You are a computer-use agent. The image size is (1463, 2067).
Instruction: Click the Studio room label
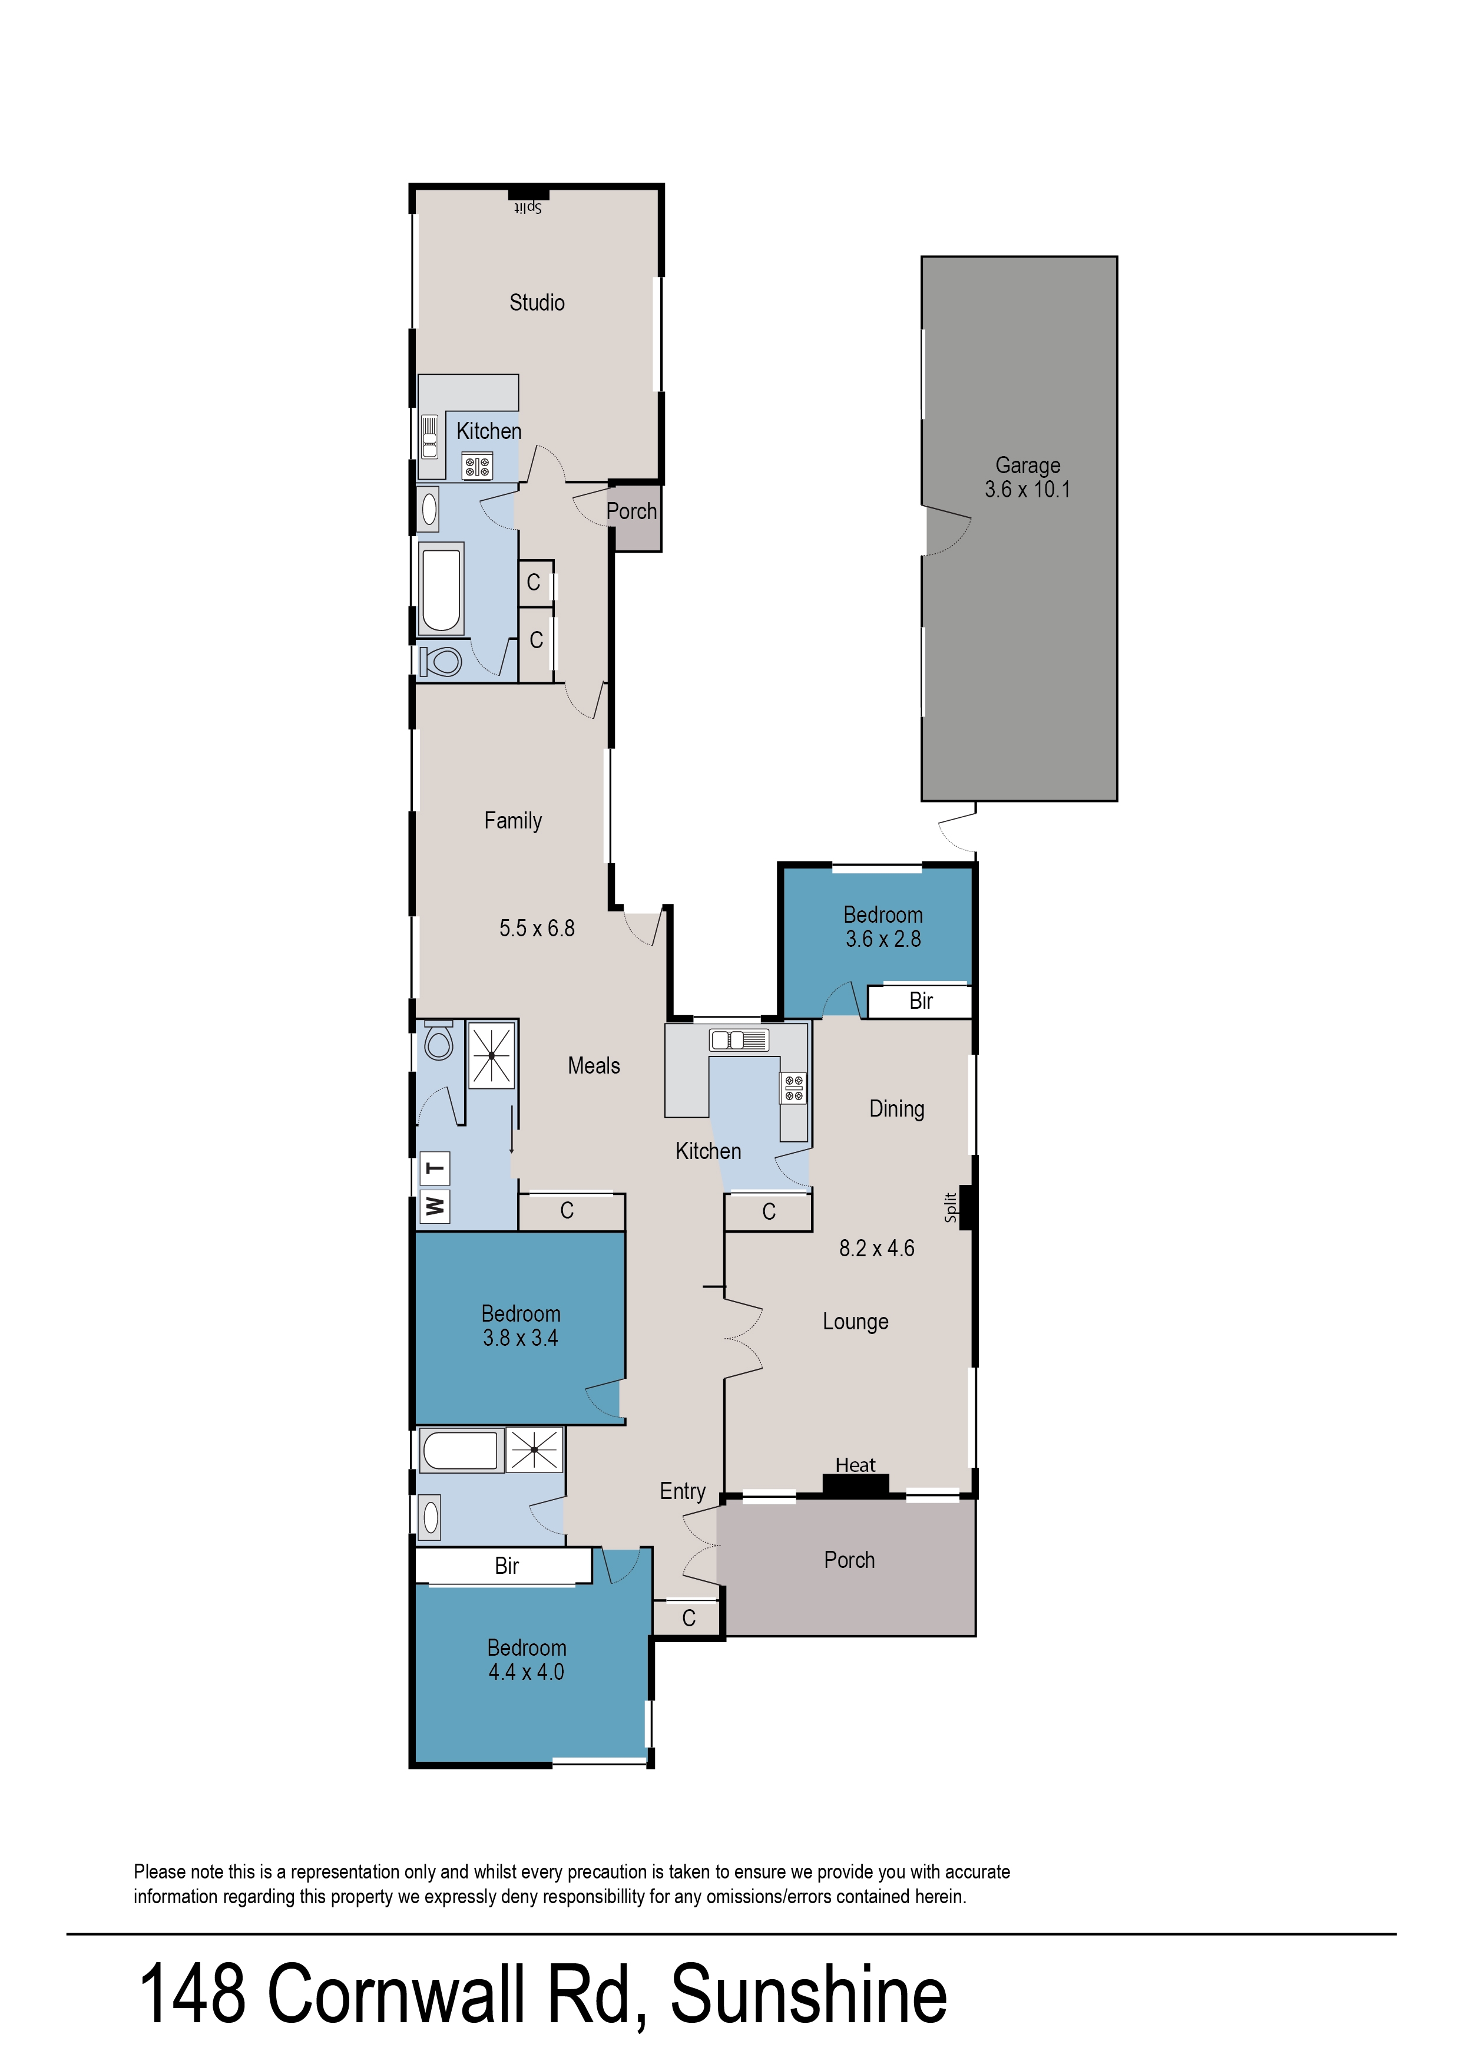click(537, 303)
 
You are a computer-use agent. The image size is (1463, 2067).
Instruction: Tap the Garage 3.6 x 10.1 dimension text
click(1027, 490)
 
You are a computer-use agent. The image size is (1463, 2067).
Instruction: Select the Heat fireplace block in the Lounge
click(855, 1484)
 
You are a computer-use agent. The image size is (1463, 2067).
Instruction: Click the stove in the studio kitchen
click(476, 467)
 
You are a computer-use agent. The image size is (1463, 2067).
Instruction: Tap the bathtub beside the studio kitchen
click(441, 587)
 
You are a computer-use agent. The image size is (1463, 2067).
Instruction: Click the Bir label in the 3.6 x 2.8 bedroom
click(921, 1001)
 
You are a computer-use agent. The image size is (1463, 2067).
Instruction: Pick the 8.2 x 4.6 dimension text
click(876, 1248)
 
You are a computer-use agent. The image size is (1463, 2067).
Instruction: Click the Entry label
click(683, 1491)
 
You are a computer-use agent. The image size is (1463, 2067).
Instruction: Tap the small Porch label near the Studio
click(631, 512)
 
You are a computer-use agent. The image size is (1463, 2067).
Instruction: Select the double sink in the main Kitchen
click(739, 1041)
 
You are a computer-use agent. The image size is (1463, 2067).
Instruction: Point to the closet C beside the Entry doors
click(689, 1618)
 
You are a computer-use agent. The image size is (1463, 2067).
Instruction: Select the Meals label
click(594, 1066)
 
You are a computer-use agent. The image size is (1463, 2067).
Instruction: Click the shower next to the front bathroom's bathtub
click(535, 1449)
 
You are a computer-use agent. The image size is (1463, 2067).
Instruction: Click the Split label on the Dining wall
click(951, 1207)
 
